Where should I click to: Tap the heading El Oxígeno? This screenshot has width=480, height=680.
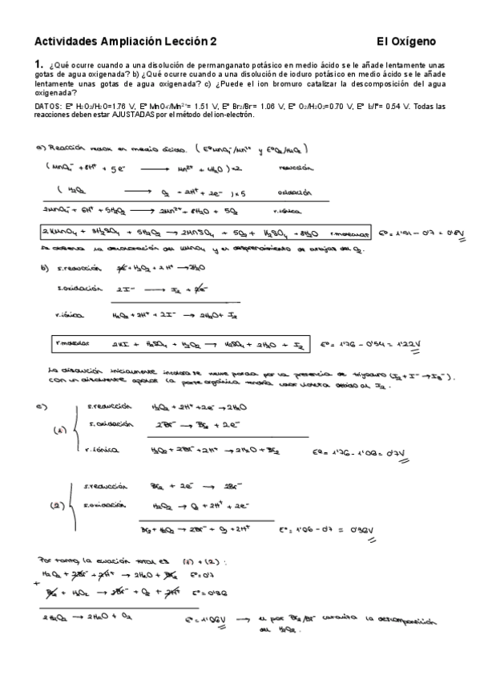pyautogui.click(x=407, y=41)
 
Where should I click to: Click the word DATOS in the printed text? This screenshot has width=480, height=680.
pyautogui.click(x=50, y=106)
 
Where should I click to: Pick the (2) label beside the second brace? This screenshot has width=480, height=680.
pyautogui.click(x=58, y=506)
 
